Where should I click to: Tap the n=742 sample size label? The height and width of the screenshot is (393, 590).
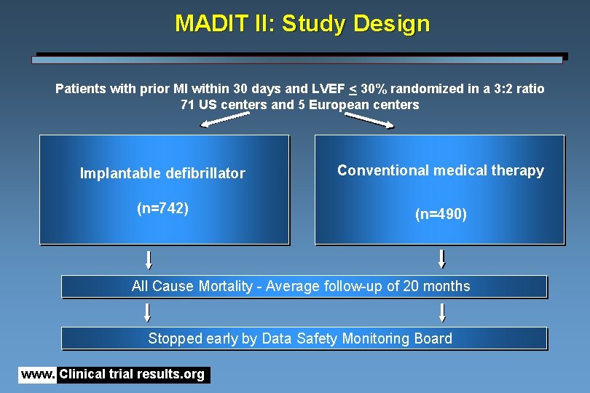[163, 209]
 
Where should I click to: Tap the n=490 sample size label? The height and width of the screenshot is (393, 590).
[441, 215]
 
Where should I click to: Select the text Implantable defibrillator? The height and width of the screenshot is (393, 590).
[162, 173]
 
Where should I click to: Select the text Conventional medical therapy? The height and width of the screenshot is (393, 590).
[441, 170]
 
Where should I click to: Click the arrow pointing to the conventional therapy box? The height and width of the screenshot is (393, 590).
[369, 120]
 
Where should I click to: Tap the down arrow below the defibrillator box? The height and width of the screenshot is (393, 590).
[149, 260]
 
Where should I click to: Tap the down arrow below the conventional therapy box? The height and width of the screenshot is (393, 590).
[441, 259]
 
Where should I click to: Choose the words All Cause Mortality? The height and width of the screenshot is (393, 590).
[192, 286]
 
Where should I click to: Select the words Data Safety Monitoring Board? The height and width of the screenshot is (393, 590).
[357, 338]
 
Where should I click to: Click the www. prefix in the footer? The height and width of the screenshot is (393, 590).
[38, 375]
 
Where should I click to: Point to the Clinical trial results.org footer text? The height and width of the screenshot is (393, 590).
[132, 375]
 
